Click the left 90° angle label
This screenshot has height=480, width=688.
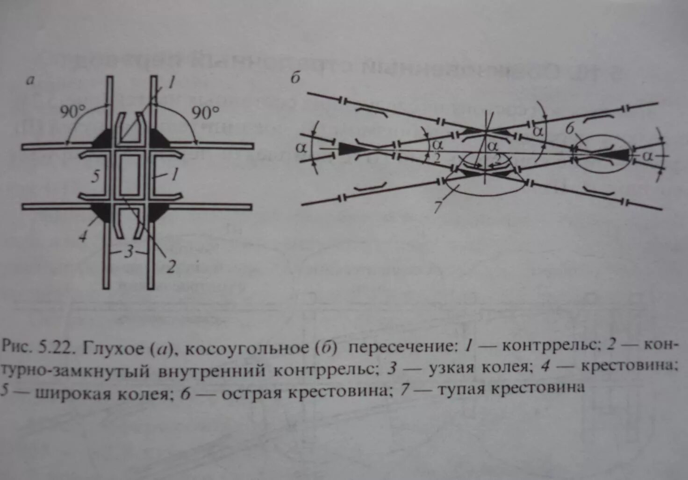pos(73,112)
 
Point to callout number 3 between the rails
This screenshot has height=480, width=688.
pos(129,252)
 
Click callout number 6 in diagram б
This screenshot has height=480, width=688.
pos(570,128)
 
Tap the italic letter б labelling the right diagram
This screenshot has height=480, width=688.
pos(295,78)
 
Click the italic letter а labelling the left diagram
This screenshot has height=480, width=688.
pos(31,80)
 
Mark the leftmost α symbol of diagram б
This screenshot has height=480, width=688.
pos(302,148)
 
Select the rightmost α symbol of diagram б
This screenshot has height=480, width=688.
pos(647,156)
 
